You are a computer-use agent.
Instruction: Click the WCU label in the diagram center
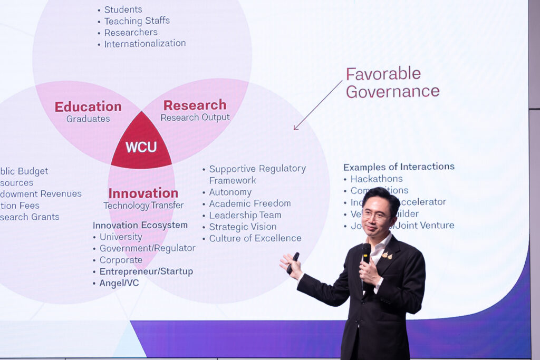click(x=141, y=147)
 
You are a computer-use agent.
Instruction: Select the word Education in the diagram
click(x=88, y=106)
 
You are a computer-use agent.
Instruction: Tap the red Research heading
click(x=195, y=105)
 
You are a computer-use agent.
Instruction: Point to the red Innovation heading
click(x=143, y=193)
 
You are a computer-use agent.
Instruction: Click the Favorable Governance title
click(x=392, y=82)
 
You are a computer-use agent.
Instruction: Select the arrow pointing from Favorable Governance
click(x=317, y=105)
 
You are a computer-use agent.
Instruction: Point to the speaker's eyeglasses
click(x=375, y=215)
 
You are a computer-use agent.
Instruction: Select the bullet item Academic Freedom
click(x=249, y=203)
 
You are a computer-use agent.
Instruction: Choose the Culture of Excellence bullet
click(x=255, y=238)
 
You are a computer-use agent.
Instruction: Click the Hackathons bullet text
click(x=376, y=179)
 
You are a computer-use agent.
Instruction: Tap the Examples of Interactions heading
click(x=399, y=167)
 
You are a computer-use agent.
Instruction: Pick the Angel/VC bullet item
click(x=119, y=283)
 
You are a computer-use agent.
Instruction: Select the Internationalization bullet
click(x=144, y=44)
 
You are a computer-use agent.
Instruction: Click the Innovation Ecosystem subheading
click(x=140, y=225)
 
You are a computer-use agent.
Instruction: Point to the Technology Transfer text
click(x=143, y=206)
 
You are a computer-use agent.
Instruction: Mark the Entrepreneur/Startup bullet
click(x=146, y=271)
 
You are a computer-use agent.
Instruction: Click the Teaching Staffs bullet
click(x=137, y=21)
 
